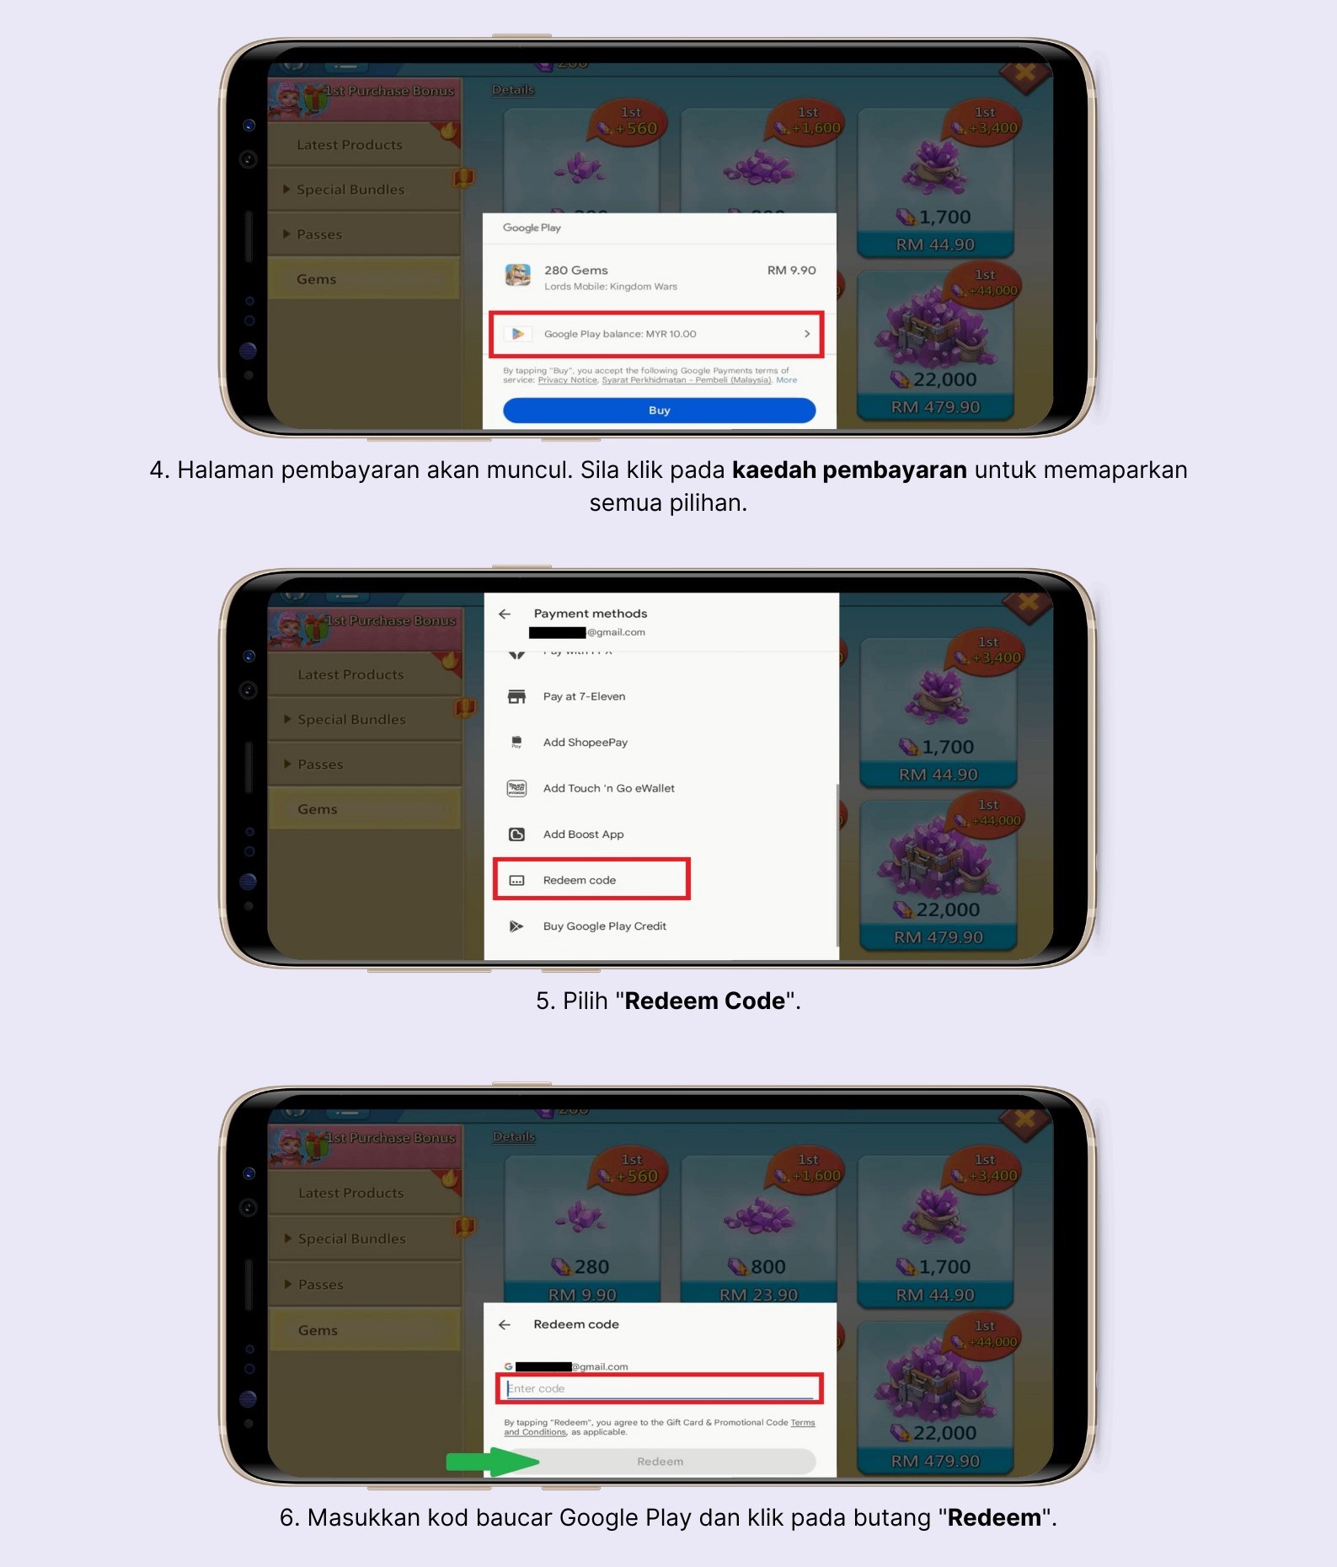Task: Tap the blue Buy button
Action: tap(659, 411)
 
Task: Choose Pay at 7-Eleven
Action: tap(584, 696)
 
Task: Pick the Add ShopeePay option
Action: tap(585, 743)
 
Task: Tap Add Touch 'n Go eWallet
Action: tap(608, 788)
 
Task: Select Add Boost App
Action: tap(583, 834)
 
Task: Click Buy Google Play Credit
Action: tap(604, 926)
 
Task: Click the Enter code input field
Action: tap(659, 1388)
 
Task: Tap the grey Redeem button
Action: tap(660, 1462)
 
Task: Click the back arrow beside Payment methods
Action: tap(505, 614)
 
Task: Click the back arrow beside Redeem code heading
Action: tap(505, 1324)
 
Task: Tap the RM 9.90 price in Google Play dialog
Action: tap(791, 271)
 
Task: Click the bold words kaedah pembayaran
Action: tap(848, 470)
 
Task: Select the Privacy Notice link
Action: tap(567, 380)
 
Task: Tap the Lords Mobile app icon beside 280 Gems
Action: tap(517, 275)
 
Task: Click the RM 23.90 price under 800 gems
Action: tap(758, 1294)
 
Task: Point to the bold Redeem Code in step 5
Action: tap(704, 1001)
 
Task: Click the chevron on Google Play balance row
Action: tap(807, 334)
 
